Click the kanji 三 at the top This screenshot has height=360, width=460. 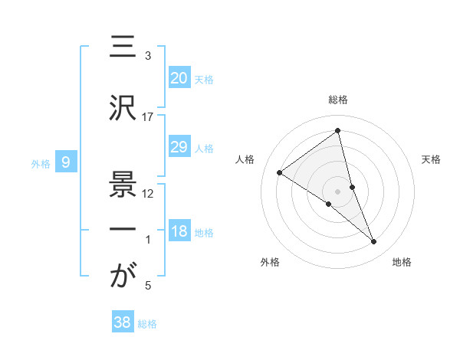123,48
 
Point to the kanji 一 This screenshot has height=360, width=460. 123,230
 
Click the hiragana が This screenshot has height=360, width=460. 123,276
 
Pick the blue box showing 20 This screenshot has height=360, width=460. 179,78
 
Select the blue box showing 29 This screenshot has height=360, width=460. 179,147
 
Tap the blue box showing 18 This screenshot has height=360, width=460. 179,232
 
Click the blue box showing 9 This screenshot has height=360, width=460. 66,162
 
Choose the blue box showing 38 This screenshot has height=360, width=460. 122,322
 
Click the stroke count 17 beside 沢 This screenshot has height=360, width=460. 148,116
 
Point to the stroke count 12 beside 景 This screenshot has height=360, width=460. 148,194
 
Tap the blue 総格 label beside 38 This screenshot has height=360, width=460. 147,324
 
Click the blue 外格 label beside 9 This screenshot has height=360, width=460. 41,163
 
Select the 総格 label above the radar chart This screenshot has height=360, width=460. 338,100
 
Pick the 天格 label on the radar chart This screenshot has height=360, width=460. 432,159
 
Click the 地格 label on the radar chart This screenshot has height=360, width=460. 402,262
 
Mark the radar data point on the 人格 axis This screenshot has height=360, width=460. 280,172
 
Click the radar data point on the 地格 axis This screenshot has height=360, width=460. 374,242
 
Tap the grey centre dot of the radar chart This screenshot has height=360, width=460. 338,191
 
